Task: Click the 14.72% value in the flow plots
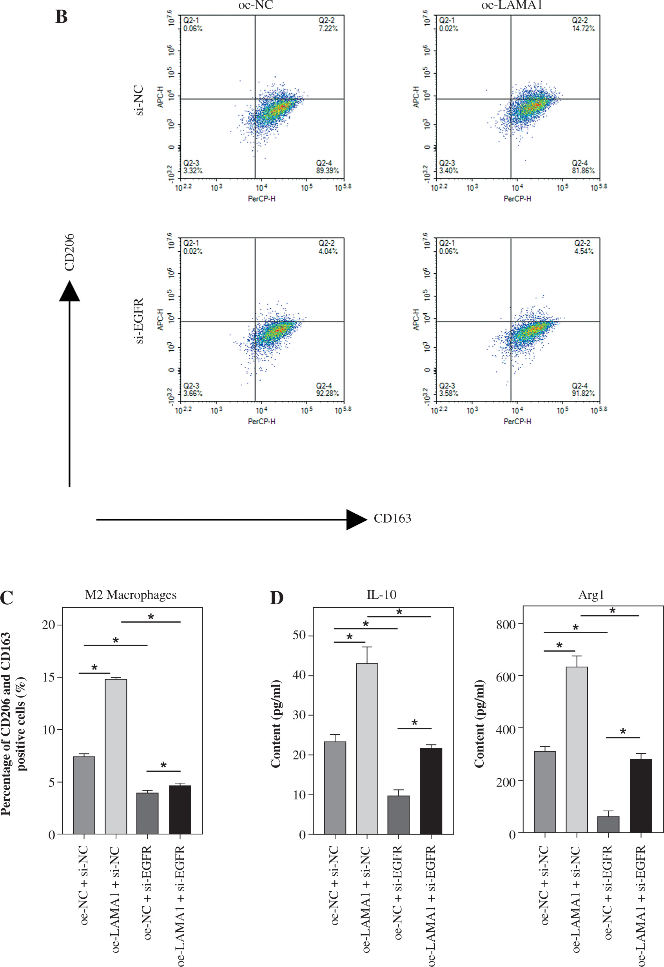coord(583,29)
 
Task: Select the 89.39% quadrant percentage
coord(327,171)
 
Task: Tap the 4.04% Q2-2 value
coord(328,251)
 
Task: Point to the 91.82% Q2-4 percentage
coord(583,393)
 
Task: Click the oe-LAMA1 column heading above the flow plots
coord(512,5)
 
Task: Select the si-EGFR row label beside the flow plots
coord(139,321)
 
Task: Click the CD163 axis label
coord(392,518)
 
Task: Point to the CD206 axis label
coord(69,252)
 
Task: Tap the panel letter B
coord(61,17)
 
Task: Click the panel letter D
coord(277,598)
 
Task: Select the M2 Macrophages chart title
coord(131,595)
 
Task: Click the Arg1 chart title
coord(591,595)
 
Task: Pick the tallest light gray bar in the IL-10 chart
coord(367,749)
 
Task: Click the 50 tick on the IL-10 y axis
coord(299,635)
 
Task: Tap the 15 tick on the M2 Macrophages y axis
coord(49,677)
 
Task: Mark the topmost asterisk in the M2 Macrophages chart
coord(151,617)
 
